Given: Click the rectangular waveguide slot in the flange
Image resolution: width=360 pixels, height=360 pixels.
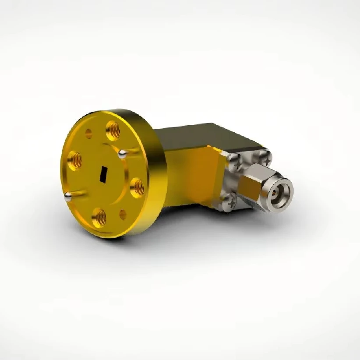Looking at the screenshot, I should [103, 173].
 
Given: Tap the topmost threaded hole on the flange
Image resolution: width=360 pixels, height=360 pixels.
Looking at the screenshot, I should [113, 130].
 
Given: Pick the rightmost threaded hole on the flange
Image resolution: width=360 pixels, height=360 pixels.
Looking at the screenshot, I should [138, 187].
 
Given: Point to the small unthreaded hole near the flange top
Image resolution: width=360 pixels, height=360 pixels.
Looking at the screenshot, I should [89, 134].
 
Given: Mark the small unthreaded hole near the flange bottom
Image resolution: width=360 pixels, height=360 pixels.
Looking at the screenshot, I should [123, 214].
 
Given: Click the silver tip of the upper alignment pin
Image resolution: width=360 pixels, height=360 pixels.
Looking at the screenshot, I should [123, 153].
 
